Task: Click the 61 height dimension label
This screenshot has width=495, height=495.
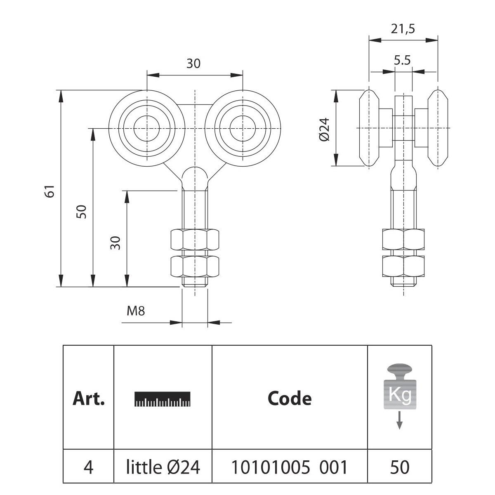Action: click(x=50, y=191)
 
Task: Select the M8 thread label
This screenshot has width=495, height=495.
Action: click(x=136, y=311)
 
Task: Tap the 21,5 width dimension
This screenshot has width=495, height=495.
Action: click(x=402, y=29)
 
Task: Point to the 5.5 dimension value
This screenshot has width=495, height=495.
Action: click(x=402, y=61)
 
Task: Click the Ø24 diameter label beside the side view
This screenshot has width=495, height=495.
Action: click(x=324, y=129)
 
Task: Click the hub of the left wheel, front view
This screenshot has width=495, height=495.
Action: click(x=146, y=128)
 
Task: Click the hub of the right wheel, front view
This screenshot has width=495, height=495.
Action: click(x=242, y=128)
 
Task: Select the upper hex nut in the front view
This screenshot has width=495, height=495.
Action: click(x=195, y=239)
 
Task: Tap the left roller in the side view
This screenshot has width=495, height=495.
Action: click(x=369, y=128)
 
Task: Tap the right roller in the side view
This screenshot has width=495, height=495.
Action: click(x=437, y=128)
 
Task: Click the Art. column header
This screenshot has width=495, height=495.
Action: click(x=88, y=398)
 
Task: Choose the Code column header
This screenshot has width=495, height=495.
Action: click(x=289, y=398)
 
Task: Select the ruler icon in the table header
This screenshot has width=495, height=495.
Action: click(x=163, y=398)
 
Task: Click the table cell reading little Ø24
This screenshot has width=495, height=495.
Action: click(x=163, y=467)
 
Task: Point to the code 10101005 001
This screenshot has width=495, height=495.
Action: click(x=289, y=467)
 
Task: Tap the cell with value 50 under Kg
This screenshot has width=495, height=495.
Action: click(x=399, y=467)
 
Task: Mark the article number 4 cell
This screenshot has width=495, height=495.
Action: click(x=88, y=467)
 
